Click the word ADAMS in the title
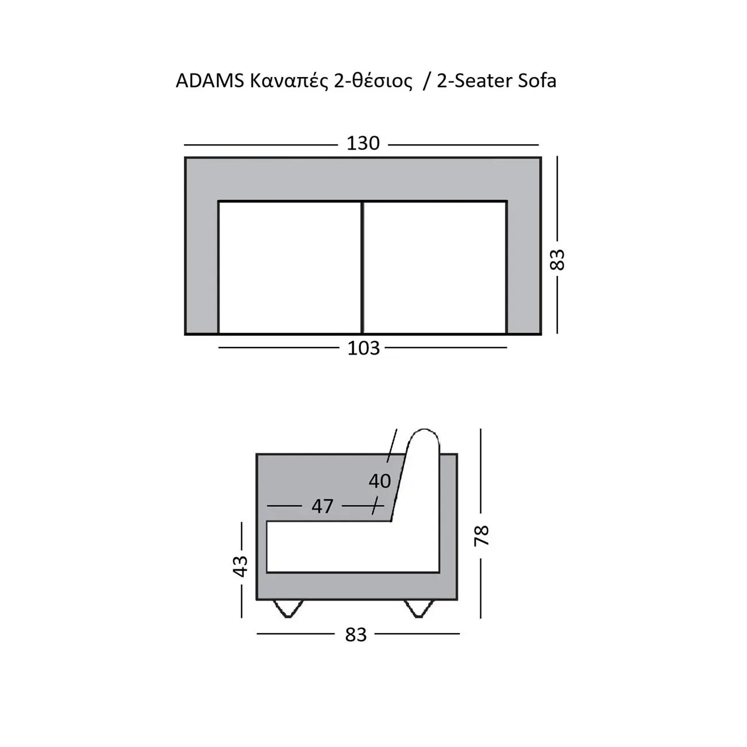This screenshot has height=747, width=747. [x=210, y=81]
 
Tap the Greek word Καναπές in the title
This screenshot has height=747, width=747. [x=289, y=82]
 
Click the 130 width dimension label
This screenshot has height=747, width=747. [x=363, y=144]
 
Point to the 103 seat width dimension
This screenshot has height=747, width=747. [x=363, y=348]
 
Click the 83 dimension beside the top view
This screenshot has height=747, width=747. [x=557, y=259]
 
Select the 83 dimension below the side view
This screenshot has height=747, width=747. [x=356, y=634]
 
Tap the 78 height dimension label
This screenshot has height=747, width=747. [x=482, y=536]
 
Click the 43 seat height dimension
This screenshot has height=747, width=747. [x=241, y=566]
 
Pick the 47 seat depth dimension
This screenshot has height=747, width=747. [x=322, y=506]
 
